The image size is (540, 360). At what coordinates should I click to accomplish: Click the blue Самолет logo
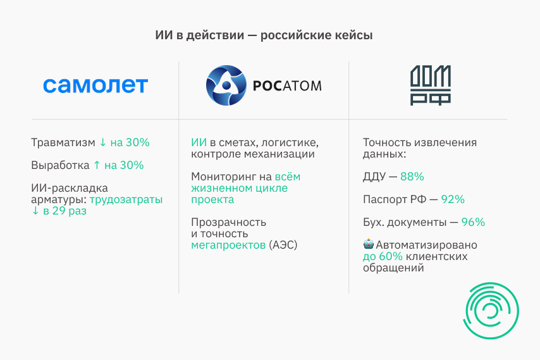(x=95, y=85)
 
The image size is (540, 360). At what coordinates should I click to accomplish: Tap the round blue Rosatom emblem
(x=226, y=85)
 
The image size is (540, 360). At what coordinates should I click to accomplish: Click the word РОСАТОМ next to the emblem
(x=287, y=86)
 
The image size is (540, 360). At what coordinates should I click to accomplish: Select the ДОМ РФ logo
(x=431, y=85)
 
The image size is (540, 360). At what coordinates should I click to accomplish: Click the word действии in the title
(x=215, y=35)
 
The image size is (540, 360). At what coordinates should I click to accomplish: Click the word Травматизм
(x=63, y=142)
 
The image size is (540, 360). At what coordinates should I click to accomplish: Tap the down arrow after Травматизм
(x=102, y=142)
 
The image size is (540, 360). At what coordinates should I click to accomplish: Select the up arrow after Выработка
(x=97, y=165)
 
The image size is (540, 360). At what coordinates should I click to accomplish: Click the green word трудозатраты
(x=126, y=199)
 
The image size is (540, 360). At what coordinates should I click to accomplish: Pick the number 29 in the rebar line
(x=59, y=211)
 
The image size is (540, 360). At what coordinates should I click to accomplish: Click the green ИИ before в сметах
(x=199, y=142)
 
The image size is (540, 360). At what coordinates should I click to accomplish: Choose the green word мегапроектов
(x=228, y=245)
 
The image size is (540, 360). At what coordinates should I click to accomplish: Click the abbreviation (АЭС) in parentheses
(x=283, y=245)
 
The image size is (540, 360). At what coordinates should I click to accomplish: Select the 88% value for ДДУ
(x=412, y=177)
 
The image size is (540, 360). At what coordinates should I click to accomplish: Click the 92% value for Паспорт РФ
(x=453, y=199)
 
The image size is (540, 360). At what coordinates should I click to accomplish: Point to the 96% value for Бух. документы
(x=473, y=222)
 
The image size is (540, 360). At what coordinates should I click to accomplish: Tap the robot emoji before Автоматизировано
(x=368, y=244)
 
